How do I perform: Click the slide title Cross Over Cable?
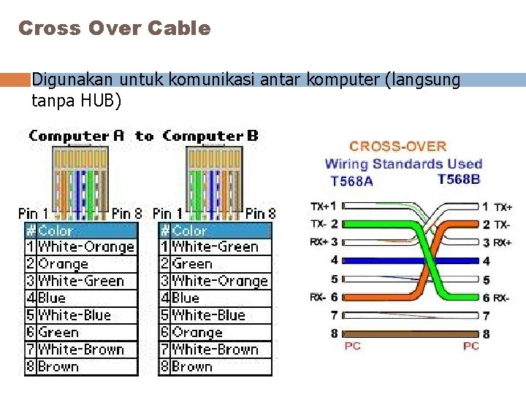tap(114, 28)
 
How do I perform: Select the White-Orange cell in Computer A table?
tap(86, 247)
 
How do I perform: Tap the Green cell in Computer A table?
tap(58, 332)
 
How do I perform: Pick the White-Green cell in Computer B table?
tap(215, 247)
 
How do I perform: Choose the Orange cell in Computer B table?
tap(197, 332)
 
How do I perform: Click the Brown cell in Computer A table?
tap(58, 366)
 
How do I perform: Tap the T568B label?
tap(459, 179)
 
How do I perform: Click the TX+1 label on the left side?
tap(323, 206)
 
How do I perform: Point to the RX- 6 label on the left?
tap(323, 297)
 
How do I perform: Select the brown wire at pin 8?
tap(409, 333)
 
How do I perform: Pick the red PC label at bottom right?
tap(471, 346)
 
